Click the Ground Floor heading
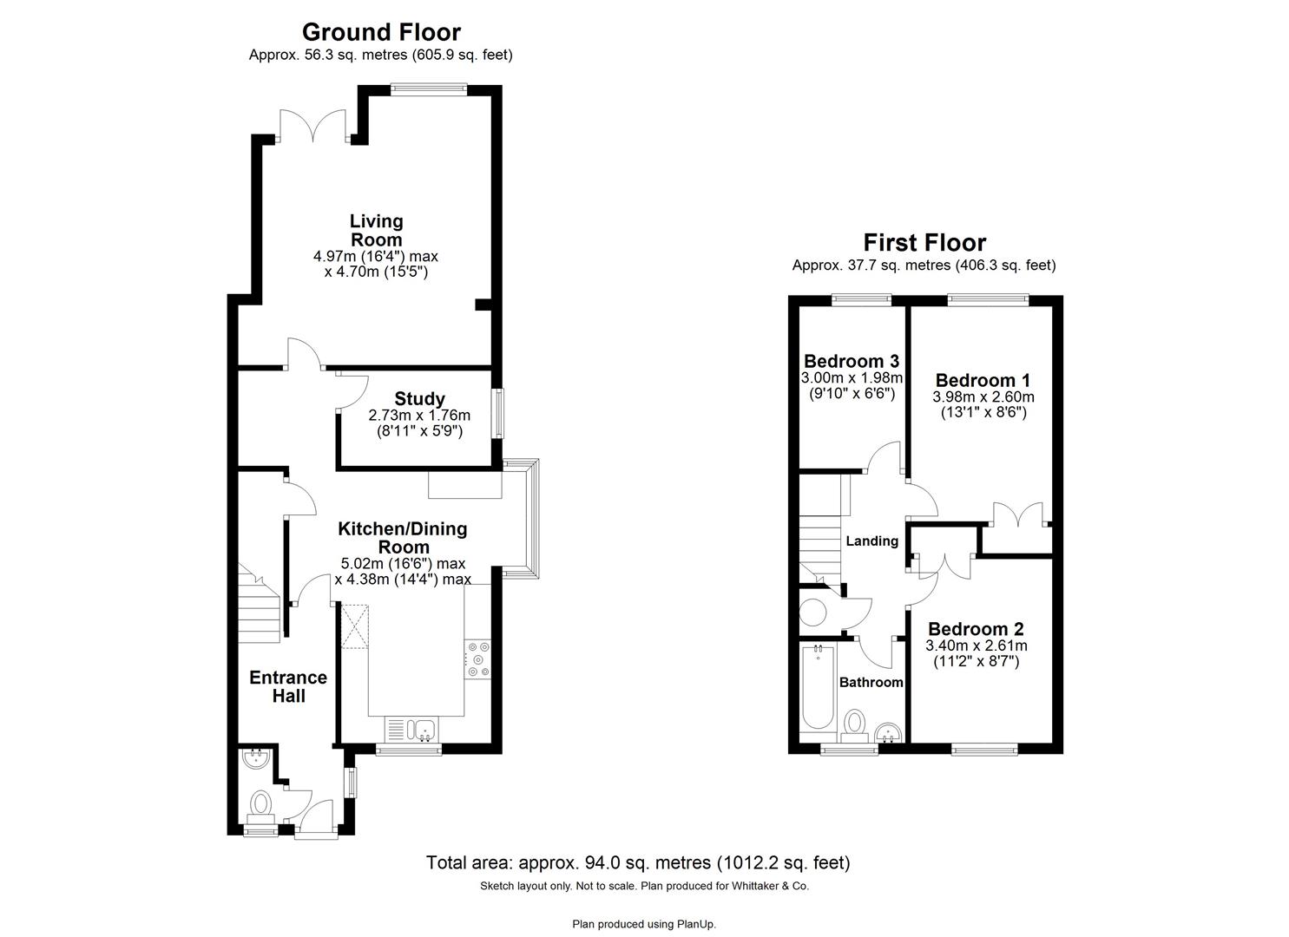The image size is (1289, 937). tap(381, 32)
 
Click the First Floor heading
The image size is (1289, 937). tap(924, 243)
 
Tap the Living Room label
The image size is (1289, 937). tap(376, 231)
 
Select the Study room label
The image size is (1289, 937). tap(419, 399)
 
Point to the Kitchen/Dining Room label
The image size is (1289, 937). tap(403, 538)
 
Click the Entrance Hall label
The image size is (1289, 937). tap(288, 686)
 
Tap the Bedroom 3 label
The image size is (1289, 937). tap(851, 361)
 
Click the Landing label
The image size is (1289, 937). tap(871, 541)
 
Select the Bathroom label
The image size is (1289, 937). tap(871, 682)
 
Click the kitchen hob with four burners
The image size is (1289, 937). tap(477, 659)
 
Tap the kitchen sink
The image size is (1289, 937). tap(412, 729)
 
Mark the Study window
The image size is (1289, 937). tap(498, 414)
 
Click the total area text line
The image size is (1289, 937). tap(637, 863)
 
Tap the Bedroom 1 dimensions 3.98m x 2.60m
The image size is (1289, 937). tap(983, 397)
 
